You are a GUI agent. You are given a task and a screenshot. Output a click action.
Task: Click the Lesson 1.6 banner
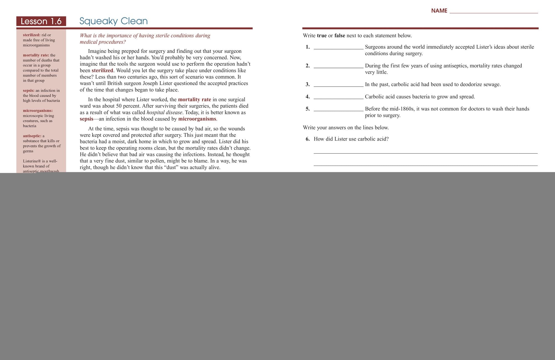41,21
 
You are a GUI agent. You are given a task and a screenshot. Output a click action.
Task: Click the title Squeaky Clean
113,21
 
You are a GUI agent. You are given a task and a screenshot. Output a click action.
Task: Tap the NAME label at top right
439,11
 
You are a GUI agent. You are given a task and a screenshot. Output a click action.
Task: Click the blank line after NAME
493,12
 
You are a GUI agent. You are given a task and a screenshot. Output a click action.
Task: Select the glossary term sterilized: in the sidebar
32,35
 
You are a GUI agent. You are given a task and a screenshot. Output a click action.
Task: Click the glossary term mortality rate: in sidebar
36,55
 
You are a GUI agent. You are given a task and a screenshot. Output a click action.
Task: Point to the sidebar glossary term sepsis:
29,90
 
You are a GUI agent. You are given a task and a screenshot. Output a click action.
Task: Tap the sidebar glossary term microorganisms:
38,111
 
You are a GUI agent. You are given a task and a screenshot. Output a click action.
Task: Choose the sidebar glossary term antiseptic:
32,136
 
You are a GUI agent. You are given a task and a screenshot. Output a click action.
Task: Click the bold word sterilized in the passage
102,70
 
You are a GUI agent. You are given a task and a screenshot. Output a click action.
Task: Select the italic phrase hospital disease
164,112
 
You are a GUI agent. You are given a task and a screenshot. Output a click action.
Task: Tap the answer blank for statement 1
338,47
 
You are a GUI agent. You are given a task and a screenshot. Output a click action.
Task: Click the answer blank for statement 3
338,85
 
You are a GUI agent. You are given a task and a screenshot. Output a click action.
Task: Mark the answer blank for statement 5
338,109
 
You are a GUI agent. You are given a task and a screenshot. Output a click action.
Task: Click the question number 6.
307,139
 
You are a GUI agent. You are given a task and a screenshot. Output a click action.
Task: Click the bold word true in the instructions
322,36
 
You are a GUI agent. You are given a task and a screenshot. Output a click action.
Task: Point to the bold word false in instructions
340,36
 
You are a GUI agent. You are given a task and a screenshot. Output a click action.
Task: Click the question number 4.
307,97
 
